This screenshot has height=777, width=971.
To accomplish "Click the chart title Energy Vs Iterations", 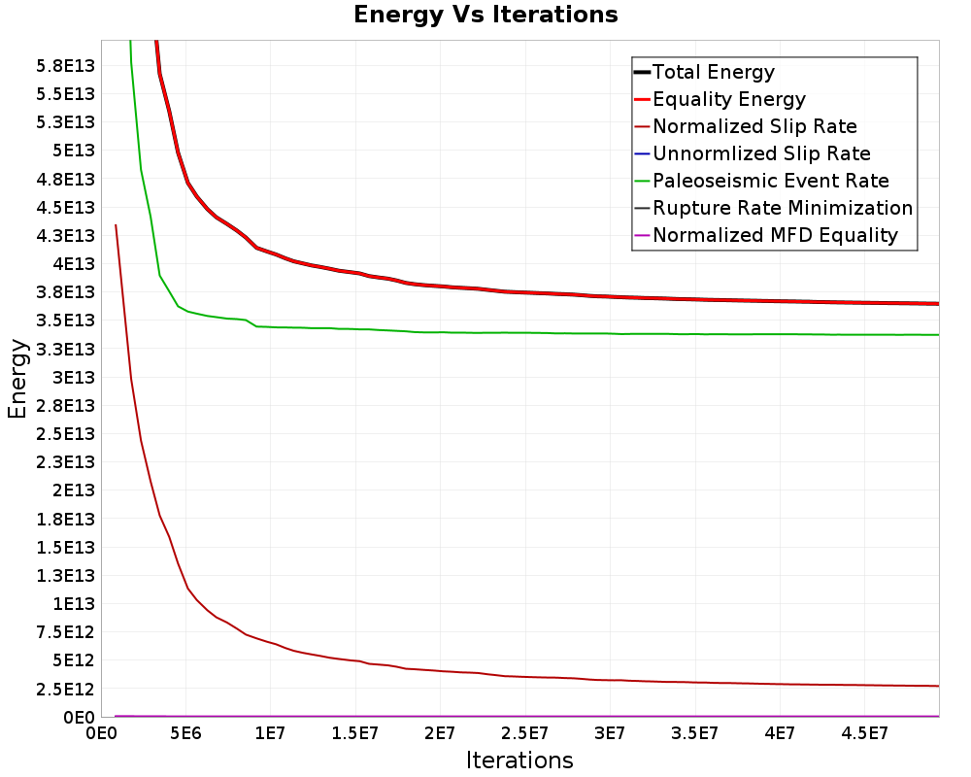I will [x=485, y=16].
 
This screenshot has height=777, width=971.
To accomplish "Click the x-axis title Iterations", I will [x=519, y=760].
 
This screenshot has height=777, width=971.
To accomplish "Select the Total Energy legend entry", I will [x=714, y=72].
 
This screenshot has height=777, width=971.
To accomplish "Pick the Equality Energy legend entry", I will [x=729, y=99].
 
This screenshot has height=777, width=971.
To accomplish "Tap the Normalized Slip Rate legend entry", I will [x=754, y=126].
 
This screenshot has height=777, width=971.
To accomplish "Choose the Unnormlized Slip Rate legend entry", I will [x=761, y=153].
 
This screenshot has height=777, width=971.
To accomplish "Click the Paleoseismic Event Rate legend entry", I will [x=771, y=181].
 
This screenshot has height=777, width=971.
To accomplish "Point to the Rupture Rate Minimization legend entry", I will [x=783, y=208].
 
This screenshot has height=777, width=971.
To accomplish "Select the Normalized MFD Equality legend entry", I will [x=775, y=235].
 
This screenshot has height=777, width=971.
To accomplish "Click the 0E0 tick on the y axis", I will [x=77, y=718].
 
